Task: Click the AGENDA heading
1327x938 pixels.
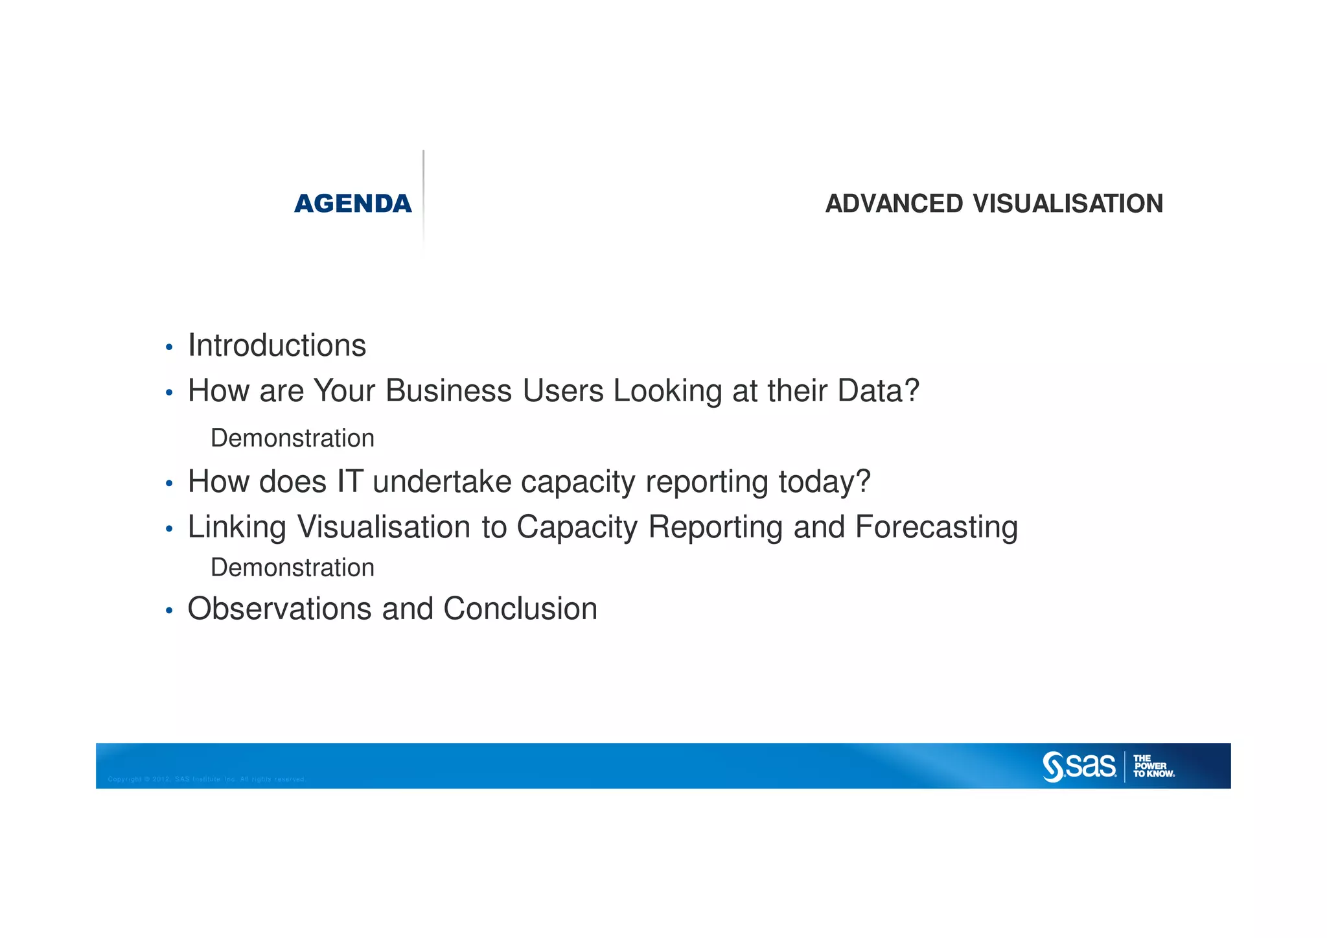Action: point(352,204)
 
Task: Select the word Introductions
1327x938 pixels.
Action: point(277,345)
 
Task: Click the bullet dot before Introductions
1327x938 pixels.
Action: point(169,348)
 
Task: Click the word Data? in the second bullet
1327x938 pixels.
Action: point(878,391)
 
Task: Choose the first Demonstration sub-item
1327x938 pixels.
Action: point(292,438)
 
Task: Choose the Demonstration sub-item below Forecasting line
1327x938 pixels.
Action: point(292,568)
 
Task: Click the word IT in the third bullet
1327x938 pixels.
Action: point(349,482)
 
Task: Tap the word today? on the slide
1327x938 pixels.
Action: point(824,482)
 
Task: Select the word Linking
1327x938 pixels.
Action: point(237,527)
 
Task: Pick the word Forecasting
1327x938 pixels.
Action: point(936,527)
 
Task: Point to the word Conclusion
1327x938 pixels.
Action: point(520,609)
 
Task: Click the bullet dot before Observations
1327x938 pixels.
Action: point(169,611)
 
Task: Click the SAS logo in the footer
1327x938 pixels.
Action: point(1079,766)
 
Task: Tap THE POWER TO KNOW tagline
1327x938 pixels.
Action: point(1153,766)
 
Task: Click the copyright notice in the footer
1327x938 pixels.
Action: point(206,779)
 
